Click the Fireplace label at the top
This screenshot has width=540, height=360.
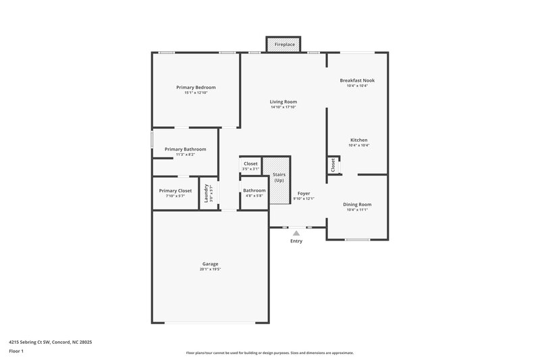pyautogui.click(x=283, y=45)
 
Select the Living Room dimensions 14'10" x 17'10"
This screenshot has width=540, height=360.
pyautogui.click(x=283, y=107)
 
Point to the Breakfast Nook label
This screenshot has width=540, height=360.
pyautogui.click(x=357, y=80)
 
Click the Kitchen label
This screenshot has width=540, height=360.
pyautogui.click(x=358, y=140)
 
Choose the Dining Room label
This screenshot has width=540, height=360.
pyautogui.click(x=357, y=204)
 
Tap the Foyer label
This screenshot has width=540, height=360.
pyautogui.click(x=304, y=193)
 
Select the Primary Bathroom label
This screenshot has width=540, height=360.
pyautogui.click(x=185, y=149)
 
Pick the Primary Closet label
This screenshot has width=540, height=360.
pyautogui.click(x=175, y=190)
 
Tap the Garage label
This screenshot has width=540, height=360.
pyautogui.click(x=210, y=263)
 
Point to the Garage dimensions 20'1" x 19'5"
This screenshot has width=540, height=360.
pyautogui.click(x=210, y=269)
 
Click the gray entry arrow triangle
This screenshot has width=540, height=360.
pyautogui.click(x=296, y=233)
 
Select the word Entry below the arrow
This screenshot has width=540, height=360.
pyautogui.click(x=296, y=241)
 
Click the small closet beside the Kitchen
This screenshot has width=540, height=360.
pyautogui.click(x=333, y=165)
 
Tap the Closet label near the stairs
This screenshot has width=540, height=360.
pyautogui.click(x=250, y=163)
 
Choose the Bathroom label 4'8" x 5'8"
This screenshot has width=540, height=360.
pyautogui.click(x=254, y=190)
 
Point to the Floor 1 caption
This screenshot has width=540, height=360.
pyautogui.click(x=17, y=351)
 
